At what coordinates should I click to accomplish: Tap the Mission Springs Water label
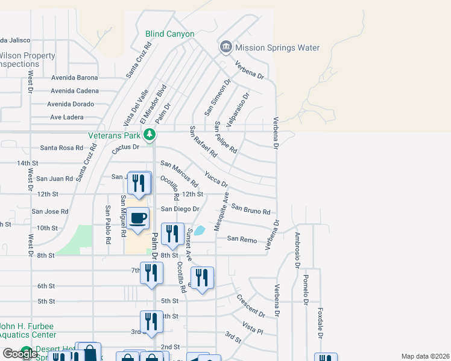277,48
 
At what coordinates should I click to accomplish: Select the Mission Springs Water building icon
225,46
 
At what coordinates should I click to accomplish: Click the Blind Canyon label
170,34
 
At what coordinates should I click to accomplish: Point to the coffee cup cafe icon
138,218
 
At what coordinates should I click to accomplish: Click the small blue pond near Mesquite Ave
200,230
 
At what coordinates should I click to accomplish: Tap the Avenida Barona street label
74,78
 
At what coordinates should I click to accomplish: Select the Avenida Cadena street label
74,91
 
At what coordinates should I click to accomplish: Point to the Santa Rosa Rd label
61,148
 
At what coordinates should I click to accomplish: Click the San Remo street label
241,239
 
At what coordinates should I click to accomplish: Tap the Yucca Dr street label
216,179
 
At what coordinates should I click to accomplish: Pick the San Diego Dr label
179,209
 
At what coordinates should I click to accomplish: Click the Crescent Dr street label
250,305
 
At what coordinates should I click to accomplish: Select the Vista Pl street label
253,328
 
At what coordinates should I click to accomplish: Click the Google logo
20,354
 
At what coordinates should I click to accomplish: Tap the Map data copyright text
424,356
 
